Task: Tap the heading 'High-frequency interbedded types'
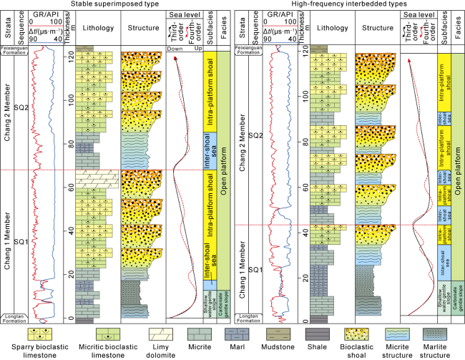pyautogui.click(x=348, y=4)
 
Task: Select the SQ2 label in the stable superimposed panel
pyautogui.click(x=21, y=107)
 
